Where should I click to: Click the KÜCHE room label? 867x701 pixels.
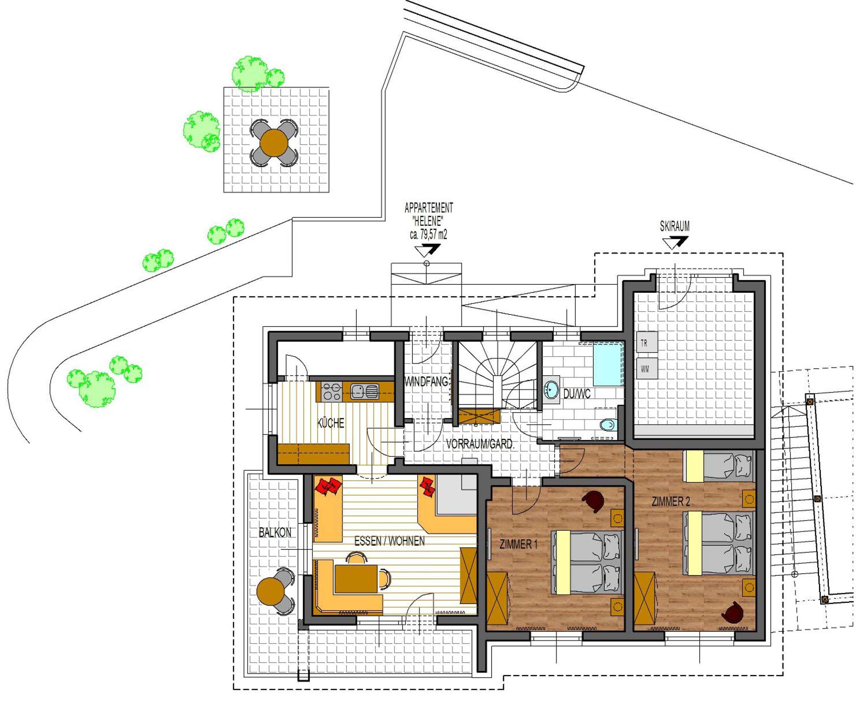331,423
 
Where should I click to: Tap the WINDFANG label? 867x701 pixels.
426,382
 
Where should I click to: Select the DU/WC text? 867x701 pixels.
577,394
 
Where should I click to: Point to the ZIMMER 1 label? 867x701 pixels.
518,544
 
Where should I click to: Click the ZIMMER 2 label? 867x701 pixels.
671,502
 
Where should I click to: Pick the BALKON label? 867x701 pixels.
275,533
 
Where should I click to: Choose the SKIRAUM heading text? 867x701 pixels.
674,226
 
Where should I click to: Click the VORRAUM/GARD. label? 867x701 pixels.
480,444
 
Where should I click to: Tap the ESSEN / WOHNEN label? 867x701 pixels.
389,541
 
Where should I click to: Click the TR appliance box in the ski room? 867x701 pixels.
647,342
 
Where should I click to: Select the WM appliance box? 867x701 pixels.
647,368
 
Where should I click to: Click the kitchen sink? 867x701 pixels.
365,391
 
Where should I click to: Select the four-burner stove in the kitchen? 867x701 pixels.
332,391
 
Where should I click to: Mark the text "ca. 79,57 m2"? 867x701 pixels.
428,235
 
